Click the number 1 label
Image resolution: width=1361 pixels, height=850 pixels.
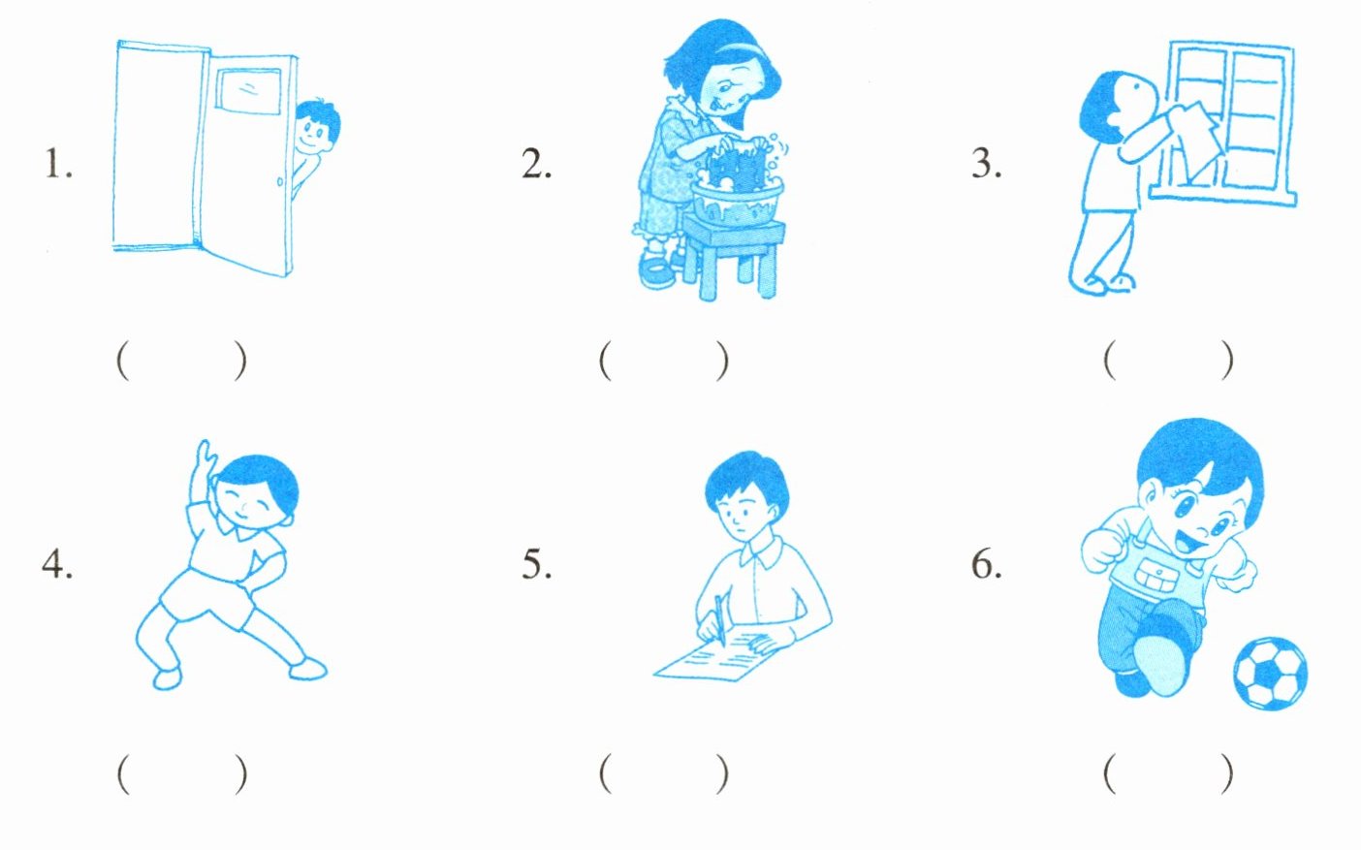59,164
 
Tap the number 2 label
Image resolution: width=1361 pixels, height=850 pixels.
537,164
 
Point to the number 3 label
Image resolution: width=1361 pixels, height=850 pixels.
987,164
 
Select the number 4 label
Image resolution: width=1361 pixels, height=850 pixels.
57,564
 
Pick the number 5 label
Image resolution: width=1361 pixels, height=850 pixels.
537,564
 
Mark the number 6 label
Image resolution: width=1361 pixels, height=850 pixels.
987,564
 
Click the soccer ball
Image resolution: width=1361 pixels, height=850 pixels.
1270,674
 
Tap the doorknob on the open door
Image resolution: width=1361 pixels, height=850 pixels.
279,181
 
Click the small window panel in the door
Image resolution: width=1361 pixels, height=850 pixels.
248,91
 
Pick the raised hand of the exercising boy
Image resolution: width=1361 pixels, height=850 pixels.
205,459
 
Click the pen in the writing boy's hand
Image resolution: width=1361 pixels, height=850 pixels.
720,619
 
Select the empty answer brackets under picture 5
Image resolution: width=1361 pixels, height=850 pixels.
664,773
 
